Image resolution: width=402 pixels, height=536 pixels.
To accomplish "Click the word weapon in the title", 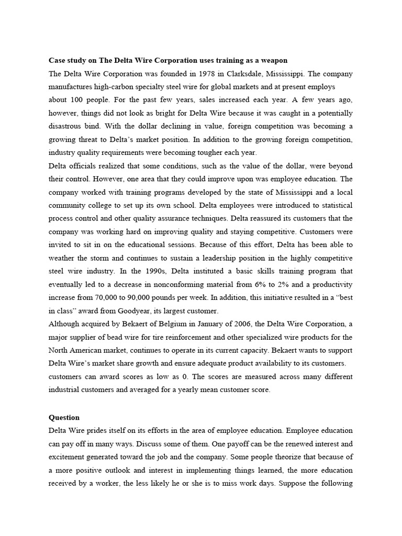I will click(x=274, y=60).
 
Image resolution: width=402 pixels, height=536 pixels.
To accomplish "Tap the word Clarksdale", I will click(x=227, y=73).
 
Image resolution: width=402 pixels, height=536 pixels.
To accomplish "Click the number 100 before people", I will click(x=76, y=99).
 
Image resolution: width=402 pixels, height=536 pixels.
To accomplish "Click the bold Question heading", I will click(x=64, y=418).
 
